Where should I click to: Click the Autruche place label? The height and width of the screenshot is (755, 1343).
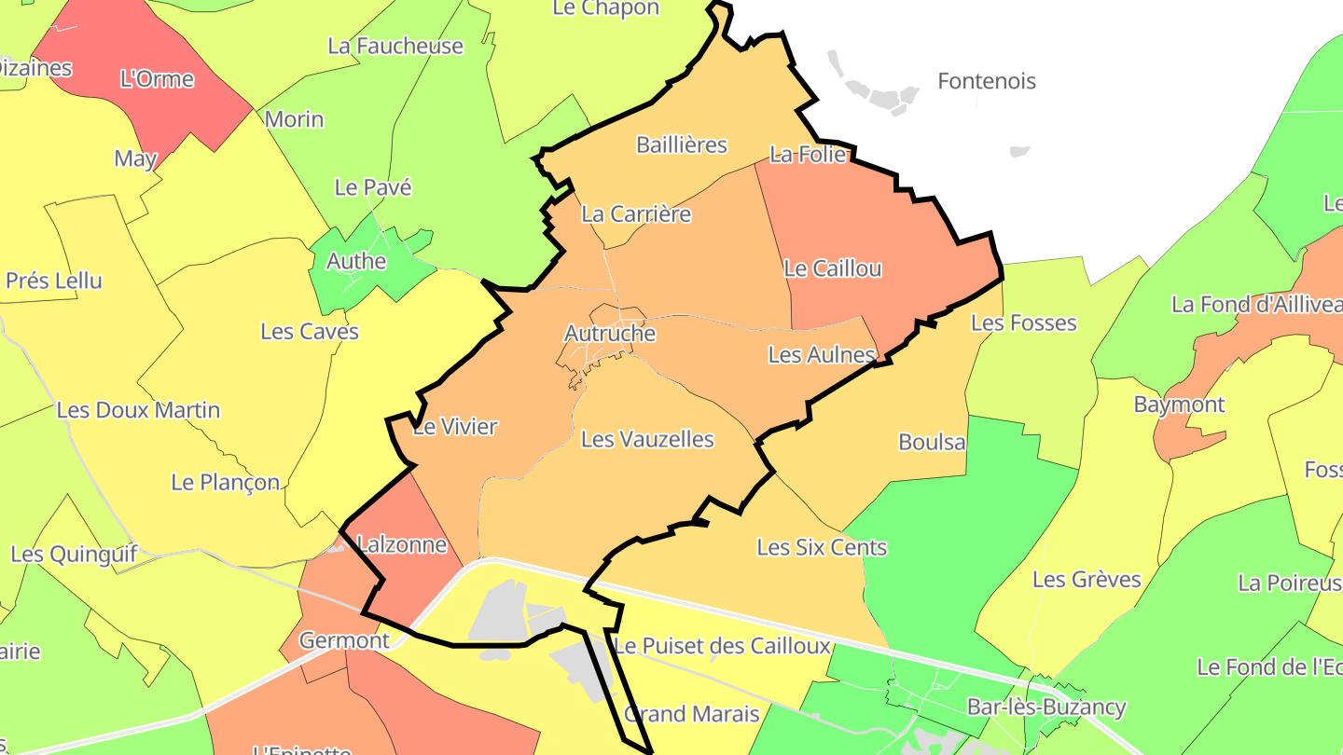[x=610, y=333]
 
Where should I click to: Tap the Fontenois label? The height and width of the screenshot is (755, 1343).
[x=986, y=81]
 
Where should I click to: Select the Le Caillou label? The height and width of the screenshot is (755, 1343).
[x=832, y=268]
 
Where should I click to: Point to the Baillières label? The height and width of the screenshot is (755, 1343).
[x=681, y=144]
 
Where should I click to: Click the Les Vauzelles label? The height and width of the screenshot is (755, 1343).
[x=647, y=439]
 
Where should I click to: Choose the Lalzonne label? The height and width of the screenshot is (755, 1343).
[x=402, y=544]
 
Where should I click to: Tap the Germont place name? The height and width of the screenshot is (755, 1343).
[x=344, y=640]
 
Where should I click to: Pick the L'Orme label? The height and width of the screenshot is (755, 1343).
[x=158, y=79]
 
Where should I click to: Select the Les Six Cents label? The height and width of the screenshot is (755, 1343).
[x=822, y=547]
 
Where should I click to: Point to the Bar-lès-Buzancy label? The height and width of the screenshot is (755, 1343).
[x=1046, y=707]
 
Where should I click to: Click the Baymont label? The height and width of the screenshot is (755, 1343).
[x=1179, y=405]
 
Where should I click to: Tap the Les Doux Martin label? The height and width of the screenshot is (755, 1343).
[x=138, y=410]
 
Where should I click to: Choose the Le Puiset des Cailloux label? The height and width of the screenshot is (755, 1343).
[x=722, y=646]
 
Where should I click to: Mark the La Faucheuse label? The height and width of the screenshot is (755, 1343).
[x=395, y=46]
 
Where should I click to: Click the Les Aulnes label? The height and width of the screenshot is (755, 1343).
[x=822, y=354]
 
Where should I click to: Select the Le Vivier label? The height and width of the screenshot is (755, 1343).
[x=454, y=427]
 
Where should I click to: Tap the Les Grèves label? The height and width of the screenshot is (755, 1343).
[x=1087, y=580]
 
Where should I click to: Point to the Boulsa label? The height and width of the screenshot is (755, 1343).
[x=932, y=442]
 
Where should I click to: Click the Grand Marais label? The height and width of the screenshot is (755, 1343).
[x=691, y=714]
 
